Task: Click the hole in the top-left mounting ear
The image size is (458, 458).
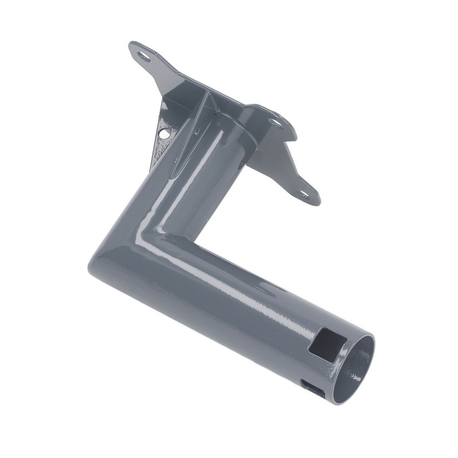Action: coord(143,56)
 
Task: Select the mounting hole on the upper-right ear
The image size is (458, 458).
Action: coord(275,122)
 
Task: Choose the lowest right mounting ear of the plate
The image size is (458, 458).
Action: coord(303,192)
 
